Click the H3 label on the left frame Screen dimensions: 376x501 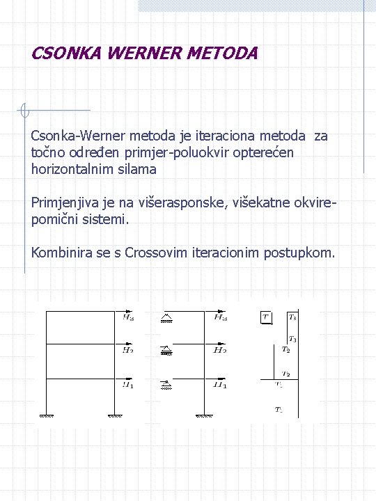129,318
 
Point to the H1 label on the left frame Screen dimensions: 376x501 129,384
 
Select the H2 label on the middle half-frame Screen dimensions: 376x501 220,351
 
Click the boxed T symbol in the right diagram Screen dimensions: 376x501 265,317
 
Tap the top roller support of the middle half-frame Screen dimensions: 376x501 167,319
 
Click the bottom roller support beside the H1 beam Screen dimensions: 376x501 167,383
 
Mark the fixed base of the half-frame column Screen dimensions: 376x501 204,416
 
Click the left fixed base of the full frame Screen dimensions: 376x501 47,416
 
